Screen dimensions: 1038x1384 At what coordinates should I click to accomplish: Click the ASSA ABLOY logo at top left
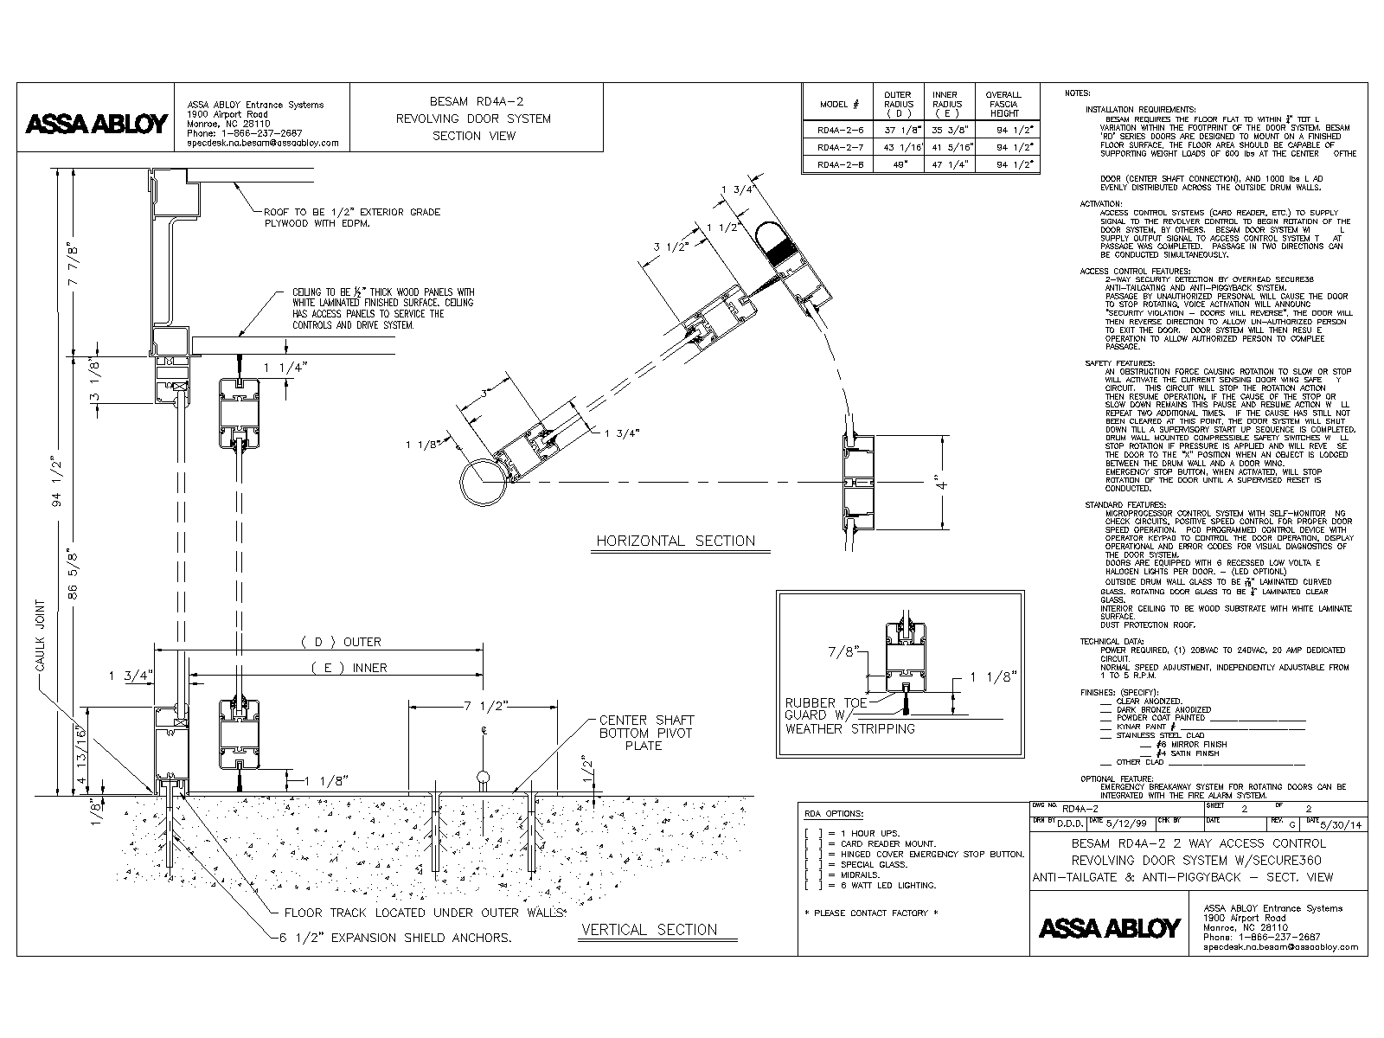(96, 124)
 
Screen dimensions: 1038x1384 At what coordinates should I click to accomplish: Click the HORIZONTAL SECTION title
(675, 541)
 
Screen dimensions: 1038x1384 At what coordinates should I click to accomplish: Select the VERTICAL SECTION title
(649, 930)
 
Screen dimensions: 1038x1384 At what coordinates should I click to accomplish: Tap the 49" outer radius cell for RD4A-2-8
(899, 163)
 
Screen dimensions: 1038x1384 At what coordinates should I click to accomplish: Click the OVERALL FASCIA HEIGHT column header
(1003, 104)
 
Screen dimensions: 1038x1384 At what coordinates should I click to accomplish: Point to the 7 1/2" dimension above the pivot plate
(484, 706)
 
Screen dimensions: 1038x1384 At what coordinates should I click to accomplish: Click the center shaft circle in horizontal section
(482, 480)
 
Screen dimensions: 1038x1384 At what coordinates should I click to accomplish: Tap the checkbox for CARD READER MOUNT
(811, 843)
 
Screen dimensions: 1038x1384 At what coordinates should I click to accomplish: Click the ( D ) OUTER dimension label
(340, 642)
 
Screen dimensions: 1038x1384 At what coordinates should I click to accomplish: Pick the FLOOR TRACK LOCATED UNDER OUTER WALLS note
(424, 913)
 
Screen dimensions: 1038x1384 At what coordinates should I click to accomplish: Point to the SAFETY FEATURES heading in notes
(1120, 363)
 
